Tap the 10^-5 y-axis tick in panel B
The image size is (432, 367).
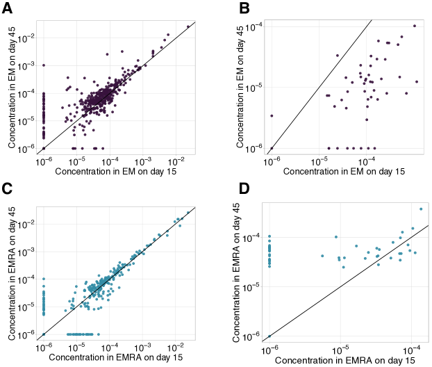pos(254,87)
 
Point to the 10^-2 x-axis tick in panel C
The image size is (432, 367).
pos(176,345)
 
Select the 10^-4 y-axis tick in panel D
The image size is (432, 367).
pos(254,237)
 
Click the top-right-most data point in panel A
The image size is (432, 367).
pos(188,27)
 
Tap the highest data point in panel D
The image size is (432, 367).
pos(421,209)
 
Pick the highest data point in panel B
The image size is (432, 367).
pos(415,26)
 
